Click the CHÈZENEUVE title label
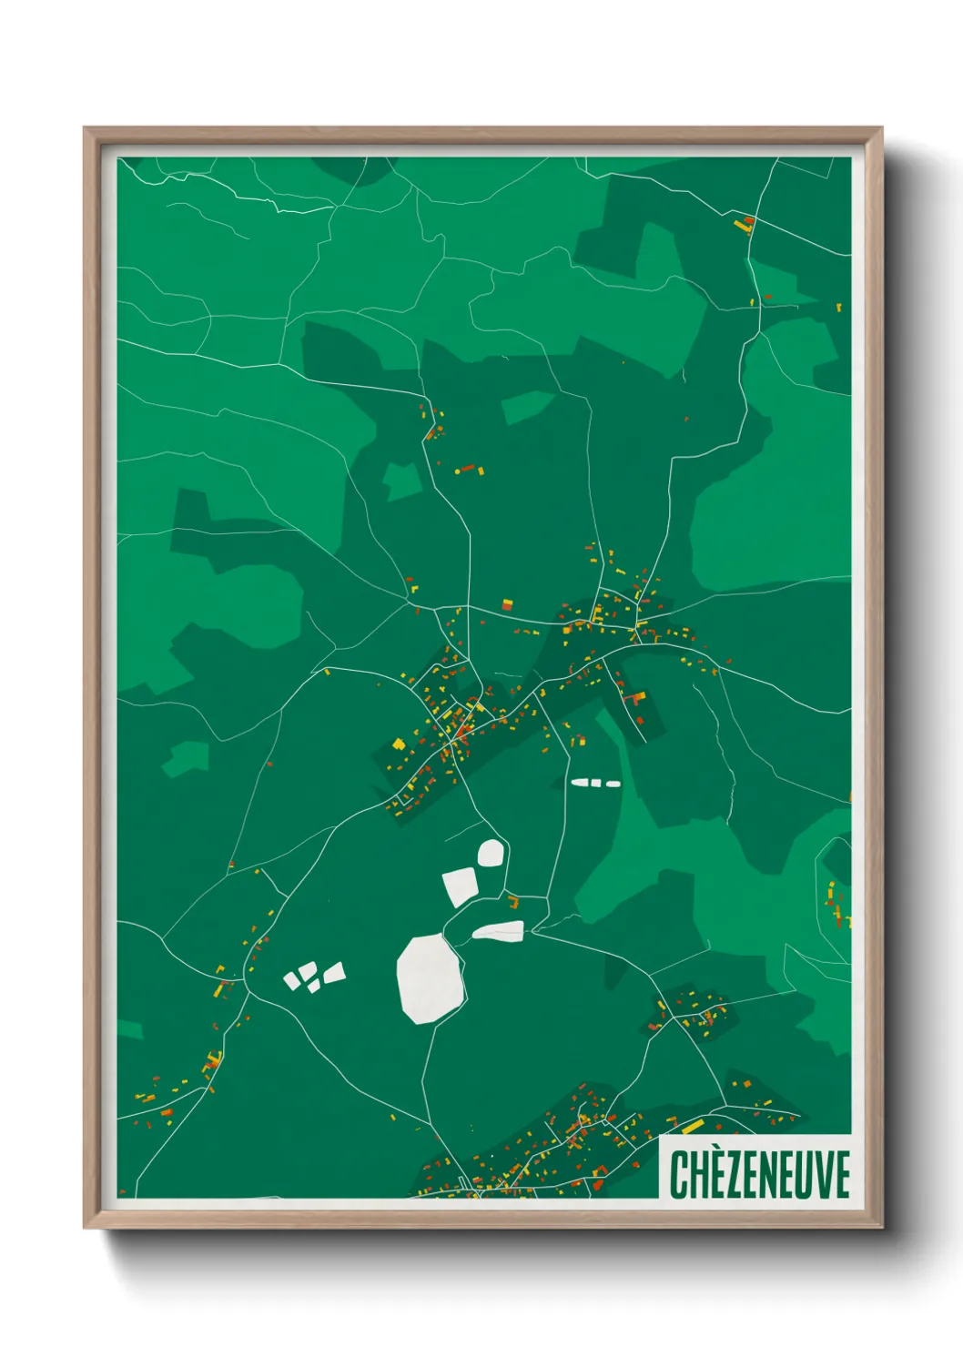[759, 1173]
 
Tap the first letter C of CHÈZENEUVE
[679, 1174]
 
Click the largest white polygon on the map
[430, 977]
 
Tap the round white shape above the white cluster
[490, 853]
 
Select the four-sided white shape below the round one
[461, 886]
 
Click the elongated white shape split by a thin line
[498, 931]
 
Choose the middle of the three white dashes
[597, 783]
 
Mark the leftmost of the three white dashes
[580, 782]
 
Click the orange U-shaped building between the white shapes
[513, 903]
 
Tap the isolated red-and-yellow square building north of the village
[507, 603]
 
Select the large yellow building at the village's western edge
[398, 744]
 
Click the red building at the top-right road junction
[749, 219]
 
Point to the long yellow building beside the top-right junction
[740, 224]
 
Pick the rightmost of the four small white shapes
[334, 973]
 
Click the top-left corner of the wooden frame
[86, 128]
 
